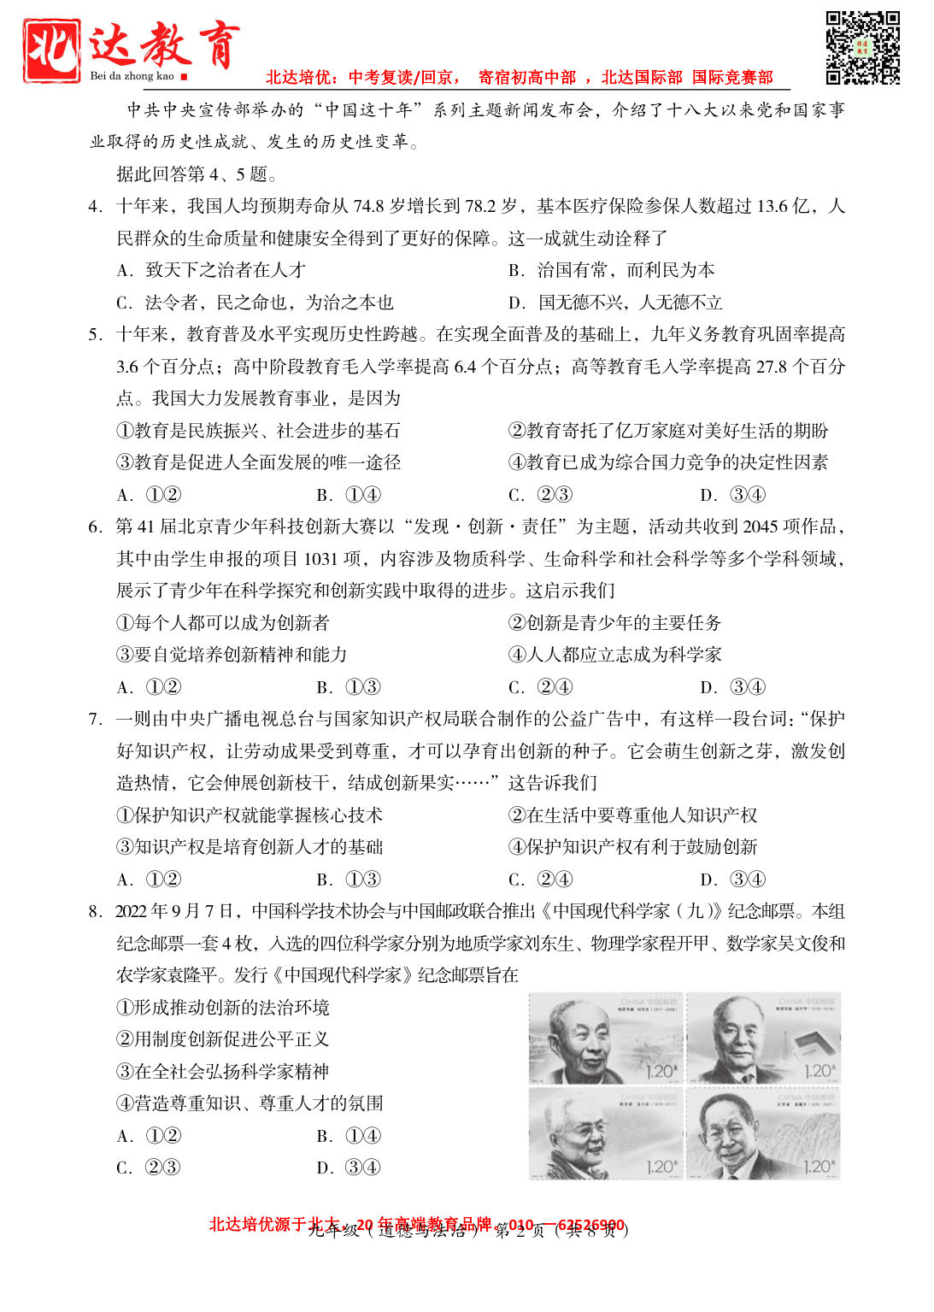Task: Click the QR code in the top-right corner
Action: pos(862,48)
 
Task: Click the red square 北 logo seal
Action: pos(52,50)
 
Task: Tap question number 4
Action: pos(95,206)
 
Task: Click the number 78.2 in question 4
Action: pos(481,206)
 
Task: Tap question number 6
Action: pos(95,527)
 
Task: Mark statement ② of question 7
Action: pos(632,815)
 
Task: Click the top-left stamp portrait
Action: pos(605,1038)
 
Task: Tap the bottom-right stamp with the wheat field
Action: pos(764,1133)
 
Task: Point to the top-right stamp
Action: pos(764,1038)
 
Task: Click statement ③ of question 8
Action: pos(222,1072)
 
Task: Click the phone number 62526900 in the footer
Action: pos(590,1225)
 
